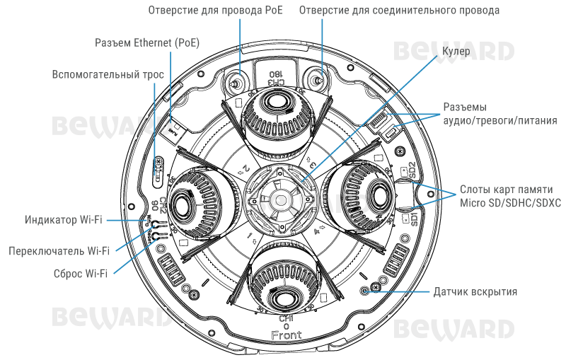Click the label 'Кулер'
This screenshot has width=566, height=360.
tap(456, 52)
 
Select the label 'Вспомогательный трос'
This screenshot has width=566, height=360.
tap(108, 74)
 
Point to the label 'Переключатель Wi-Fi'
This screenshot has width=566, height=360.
tap(59, 250)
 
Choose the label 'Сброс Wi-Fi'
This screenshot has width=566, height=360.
tap(81, 273)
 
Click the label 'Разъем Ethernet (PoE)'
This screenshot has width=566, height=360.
tap(147, 43)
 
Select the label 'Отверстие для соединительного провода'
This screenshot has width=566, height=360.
tap(400, 11)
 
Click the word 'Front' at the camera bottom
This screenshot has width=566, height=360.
tap(286, 335)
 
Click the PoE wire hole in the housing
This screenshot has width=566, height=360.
tap(236, 82)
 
